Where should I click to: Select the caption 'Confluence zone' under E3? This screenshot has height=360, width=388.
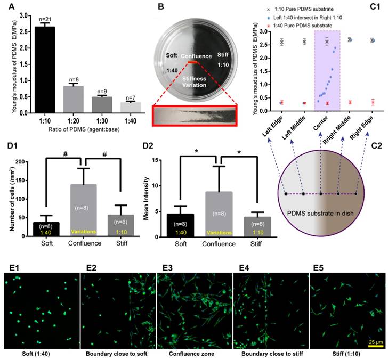pos(194,353)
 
